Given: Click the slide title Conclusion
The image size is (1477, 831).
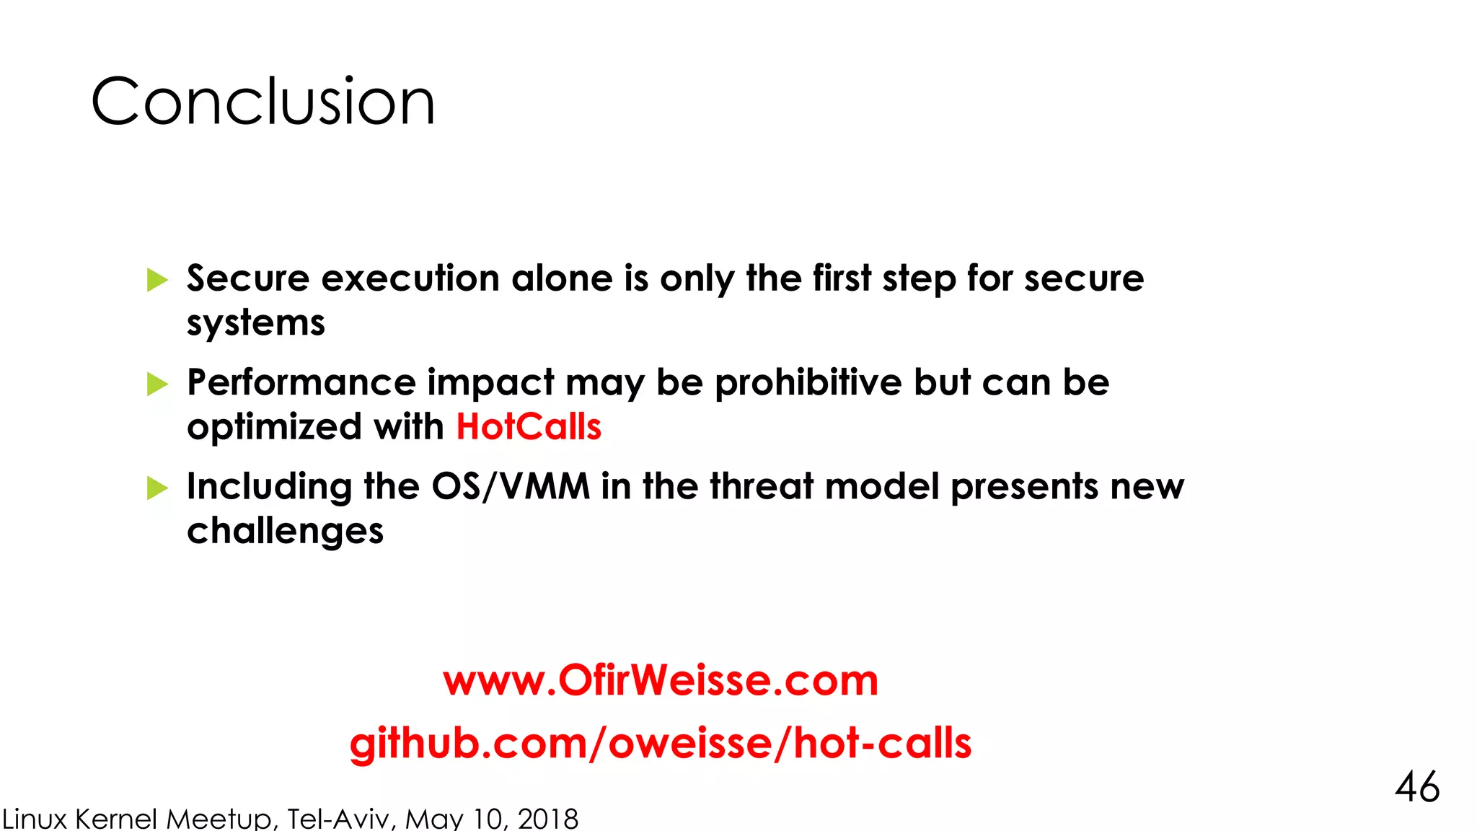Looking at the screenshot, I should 263,102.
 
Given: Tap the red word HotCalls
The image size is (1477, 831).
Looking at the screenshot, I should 529,426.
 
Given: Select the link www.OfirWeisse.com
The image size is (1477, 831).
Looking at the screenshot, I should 661,680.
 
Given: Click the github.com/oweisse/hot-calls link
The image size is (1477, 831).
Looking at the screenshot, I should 660,743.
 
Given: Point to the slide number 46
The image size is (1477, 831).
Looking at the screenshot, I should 1417,786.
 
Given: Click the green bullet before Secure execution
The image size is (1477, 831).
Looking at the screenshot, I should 156,280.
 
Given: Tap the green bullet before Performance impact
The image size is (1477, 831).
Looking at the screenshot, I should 156,384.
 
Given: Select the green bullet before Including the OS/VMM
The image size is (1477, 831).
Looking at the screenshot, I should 156,488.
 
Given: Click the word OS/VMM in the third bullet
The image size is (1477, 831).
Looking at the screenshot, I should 511,486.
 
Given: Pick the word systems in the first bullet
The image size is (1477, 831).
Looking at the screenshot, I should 256,322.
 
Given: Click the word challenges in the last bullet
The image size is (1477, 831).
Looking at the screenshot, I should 285,531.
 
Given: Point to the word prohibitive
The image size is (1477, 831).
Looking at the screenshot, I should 808,382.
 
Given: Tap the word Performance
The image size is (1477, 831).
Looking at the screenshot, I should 301,382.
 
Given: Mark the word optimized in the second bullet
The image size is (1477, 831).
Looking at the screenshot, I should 274,427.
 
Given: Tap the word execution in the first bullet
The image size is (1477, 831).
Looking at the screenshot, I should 410,278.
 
